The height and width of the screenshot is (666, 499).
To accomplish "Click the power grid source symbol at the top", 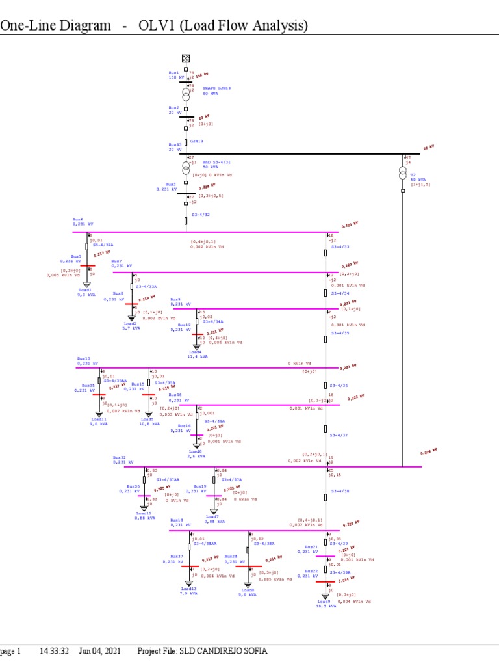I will (x=186, y=59).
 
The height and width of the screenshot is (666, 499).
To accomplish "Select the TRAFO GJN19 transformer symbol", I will (x=186, y=94).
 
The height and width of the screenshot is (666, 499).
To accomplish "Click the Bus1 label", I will (x=173, y=73).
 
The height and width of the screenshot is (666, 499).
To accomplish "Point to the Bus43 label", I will (x=175, y=145).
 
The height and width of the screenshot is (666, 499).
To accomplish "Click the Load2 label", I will (x=131, y=323).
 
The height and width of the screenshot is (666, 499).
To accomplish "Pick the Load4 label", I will (x=196, y=352).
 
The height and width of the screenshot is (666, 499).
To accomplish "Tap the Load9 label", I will (x=324, y=602).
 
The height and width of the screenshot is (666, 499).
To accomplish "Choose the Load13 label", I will (x=189, y=589).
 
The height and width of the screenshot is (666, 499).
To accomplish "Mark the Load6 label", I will (x=196, y=451).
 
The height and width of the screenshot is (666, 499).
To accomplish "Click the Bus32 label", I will (x=119, y=457).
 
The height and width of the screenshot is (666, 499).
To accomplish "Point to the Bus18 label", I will (x=177, y=520).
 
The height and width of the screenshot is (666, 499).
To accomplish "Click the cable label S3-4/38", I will (x=340, y=491).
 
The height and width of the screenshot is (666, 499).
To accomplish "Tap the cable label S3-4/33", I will (x=340, y=247).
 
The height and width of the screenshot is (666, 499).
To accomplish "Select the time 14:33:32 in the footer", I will (x=55, y=651).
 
